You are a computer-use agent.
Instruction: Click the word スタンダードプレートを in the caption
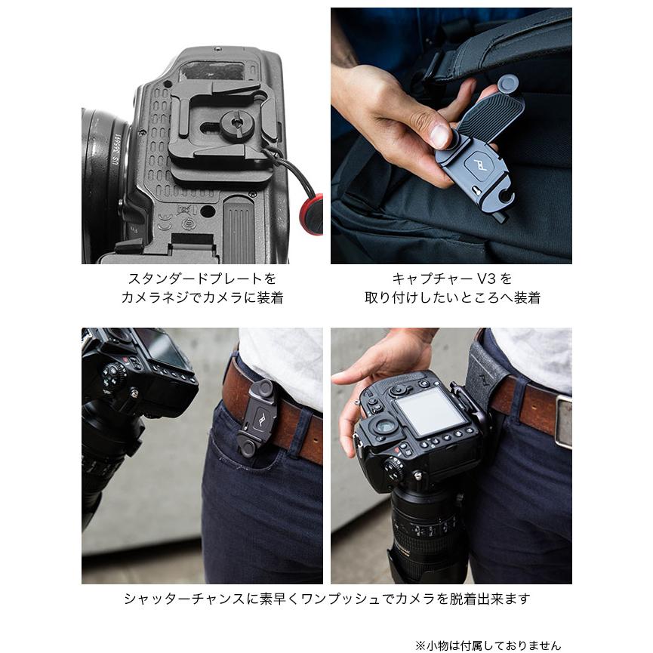click(x=202, y=279)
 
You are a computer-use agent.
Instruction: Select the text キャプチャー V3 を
click(x=451, y=279)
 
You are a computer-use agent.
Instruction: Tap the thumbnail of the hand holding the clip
click(x=451, y=136)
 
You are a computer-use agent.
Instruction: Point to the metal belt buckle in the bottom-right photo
click(x=563, y=420)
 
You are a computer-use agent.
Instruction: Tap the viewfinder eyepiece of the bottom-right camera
click(x=386, y=427)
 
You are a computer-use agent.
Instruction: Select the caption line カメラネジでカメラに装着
click(x=202, y=297)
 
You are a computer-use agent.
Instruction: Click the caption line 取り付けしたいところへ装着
click(x=451, y=297)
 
